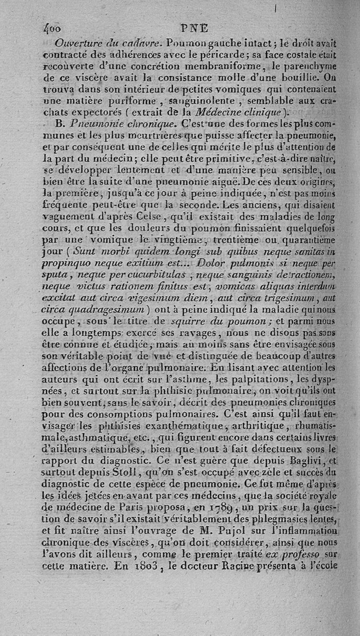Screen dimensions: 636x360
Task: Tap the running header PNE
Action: [x=194, y=29]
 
